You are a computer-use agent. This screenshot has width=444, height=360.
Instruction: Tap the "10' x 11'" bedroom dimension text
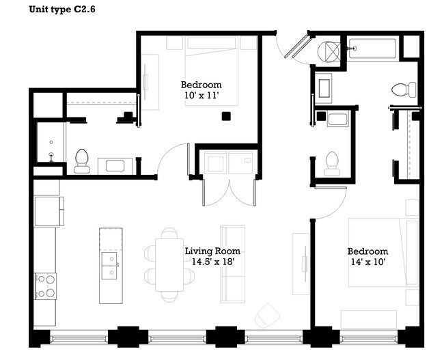point(201,96)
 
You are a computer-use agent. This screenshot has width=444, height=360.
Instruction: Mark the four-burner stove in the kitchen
point(46,285)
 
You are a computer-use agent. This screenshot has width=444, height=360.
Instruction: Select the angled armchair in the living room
point(267,315)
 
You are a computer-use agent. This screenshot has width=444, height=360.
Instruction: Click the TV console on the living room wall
point(301,263)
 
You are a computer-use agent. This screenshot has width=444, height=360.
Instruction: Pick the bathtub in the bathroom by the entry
point(372,49)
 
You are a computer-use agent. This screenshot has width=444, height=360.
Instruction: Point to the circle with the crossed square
point(331,51)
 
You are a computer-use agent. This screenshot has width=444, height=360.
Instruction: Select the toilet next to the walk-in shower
point(81,159)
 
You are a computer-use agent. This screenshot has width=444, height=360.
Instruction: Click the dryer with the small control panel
point(240,165)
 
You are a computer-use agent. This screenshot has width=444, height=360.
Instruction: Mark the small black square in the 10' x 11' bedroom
point(225,117)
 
